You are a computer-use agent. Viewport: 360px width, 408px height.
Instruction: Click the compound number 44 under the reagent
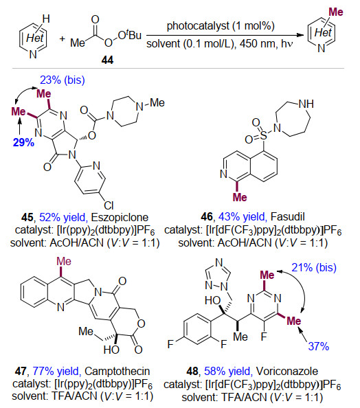(x=107, y=60)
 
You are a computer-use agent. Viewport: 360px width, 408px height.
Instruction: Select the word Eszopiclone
(x=120, y=217)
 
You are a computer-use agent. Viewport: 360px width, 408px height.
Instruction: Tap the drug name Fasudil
(x=287, y=216)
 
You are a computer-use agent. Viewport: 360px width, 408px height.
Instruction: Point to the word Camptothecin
(x=117, y=372)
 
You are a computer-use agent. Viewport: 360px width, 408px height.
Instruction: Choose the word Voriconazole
(x=287, y=372)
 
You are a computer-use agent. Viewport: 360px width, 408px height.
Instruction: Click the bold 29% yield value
(x=23, y=143)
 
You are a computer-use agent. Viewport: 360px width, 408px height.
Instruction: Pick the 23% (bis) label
(x=63, y=80)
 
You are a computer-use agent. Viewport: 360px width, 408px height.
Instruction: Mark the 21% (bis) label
(x=314, y=267)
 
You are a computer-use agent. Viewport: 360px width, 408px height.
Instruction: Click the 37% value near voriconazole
(x=318, y=346)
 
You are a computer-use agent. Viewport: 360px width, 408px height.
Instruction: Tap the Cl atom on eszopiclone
(x=109, y=205)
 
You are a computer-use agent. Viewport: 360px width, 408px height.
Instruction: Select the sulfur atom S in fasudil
(x=263, y=135)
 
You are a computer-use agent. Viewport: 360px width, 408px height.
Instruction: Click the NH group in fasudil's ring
(x=306, y=104)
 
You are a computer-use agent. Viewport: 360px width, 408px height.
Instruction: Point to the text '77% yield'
(x=56, y=372)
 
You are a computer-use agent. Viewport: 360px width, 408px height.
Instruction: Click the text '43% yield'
(x=241, y=216)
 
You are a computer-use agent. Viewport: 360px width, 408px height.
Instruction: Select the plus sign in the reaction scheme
(x=62, y=39)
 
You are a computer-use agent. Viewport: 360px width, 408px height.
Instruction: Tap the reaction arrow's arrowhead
(x=301, y=35)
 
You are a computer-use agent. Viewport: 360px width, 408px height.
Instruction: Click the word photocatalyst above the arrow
(x=198, y=26)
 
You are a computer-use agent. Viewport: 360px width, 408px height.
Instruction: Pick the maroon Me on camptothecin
(x=64, y=262)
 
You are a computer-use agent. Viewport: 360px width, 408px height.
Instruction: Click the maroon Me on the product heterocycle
(x=336, y=12)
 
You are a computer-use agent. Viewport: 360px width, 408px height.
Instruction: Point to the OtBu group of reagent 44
(x=129, y=36)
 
